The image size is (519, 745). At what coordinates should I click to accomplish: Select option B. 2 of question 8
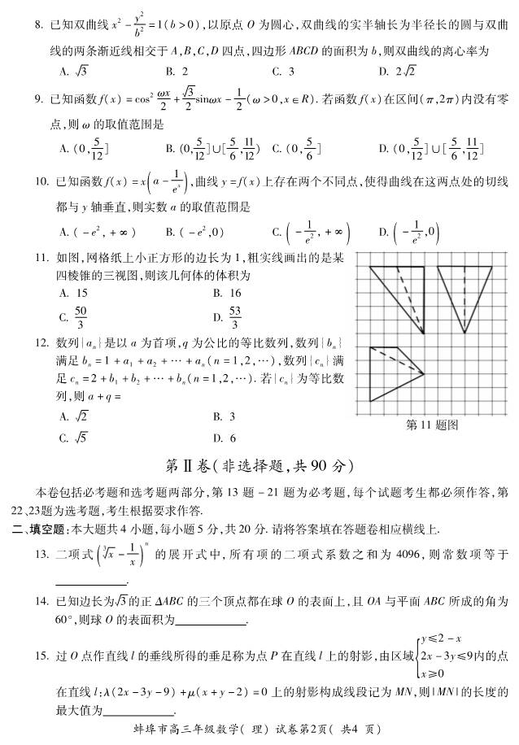point(177,72)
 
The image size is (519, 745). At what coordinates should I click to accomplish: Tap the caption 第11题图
point(431,425)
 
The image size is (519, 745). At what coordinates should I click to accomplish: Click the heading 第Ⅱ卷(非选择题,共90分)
point(259,466)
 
